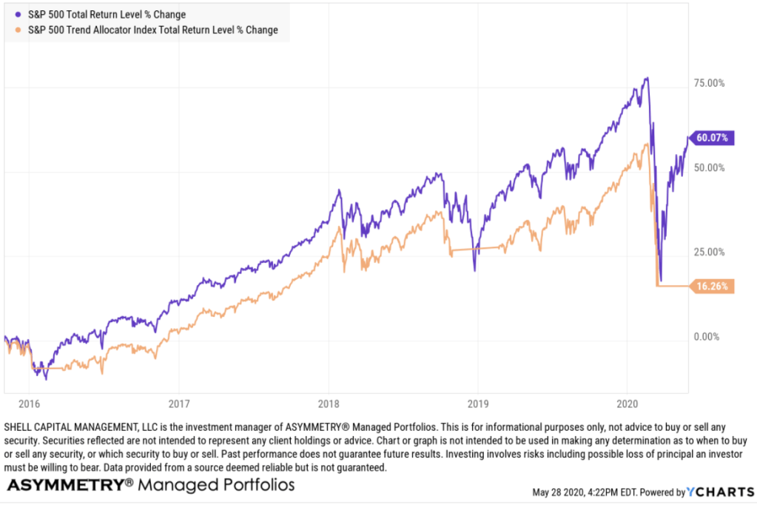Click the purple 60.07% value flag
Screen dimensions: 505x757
(713, 137)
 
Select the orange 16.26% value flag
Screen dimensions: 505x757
(713, 286)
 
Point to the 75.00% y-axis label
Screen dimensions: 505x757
(710, 83)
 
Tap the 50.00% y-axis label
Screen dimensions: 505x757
(710, 167)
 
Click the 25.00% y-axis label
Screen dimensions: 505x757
(710, 252)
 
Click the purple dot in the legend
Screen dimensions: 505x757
(18, 14)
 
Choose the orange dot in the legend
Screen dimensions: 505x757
(18, 30)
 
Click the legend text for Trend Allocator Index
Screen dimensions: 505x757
(152, 30)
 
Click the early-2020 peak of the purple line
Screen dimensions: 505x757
(647, 78)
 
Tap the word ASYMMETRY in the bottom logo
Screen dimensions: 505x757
(64, 485)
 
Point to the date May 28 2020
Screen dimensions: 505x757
(559, 492)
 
